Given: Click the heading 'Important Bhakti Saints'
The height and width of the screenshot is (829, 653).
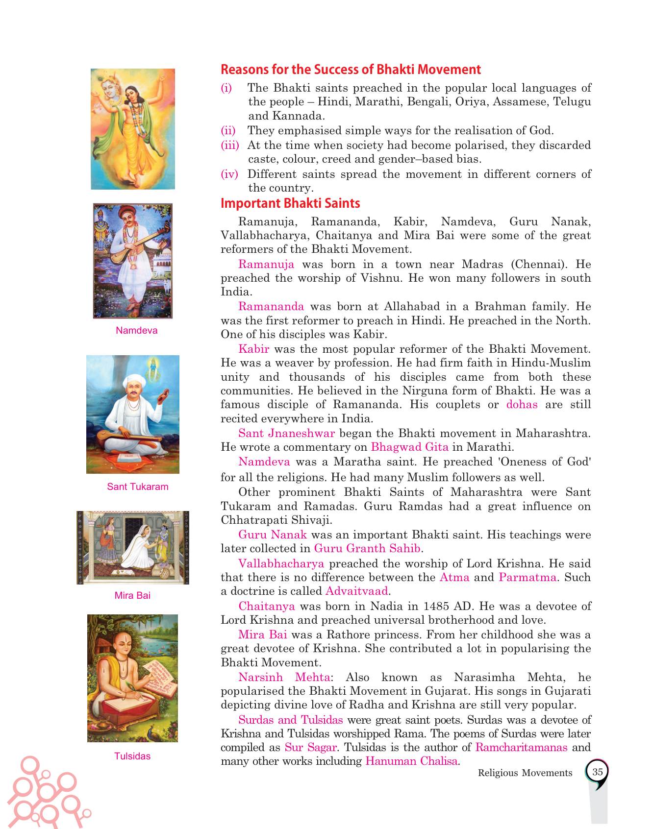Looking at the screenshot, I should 290,203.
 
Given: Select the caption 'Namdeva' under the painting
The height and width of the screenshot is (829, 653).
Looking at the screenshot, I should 136,330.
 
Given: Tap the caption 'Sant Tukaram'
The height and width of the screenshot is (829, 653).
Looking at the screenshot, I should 137,487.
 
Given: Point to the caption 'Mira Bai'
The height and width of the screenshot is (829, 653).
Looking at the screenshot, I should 132,595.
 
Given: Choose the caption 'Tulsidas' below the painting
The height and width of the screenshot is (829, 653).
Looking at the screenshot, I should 132,756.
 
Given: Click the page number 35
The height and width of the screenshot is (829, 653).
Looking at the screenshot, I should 597,772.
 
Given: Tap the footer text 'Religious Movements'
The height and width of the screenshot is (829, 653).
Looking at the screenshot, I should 525,773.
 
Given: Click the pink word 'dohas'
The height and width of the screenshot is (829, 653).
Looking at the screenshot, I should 522,404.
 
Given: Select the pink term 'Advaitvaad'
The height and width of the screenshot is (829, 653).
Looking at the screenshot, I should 356,591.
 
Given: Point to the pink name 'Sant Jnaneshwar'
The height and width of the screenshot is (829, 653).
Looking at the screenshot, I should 286,433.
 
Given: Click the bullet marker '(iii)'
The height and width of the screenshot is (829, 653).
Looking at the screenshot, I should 229,145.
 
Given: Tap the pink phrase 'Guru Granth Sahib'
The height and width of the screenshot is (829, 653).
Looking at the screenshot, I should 367,548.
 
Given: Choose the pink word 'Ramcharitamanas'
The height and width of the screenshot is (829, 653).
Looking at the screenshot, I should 521,747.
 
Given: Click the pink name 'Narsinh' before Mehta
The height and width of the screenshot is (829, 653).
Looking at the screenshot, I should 260,677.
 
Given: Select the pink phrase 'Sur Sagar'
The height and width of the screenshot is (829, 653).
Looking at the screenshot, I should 310,747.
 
